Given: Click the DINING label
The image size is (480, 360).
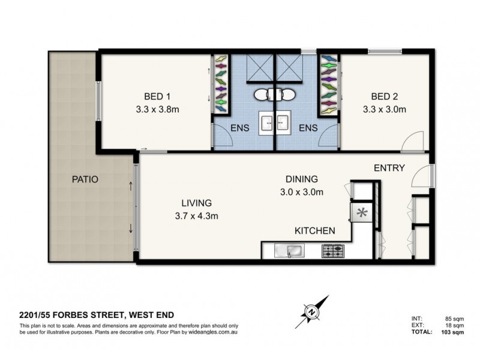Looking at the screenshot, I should pyautogui.click(x=302, y=179).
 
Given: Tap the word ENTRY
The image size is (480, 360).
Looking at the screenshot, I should pyautogui.click(x=389, y=168).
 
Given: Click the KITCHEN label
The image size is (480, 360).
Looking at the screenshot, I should pyautogui.click(x=314, y=230).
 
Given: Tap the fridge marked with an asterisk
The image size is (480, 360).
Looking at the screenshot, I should pyautogui.click(x=361, y=212).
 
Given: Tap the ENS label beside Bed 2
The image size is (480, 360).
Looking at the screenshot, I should pyautogui.click(x=308, y=127).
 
